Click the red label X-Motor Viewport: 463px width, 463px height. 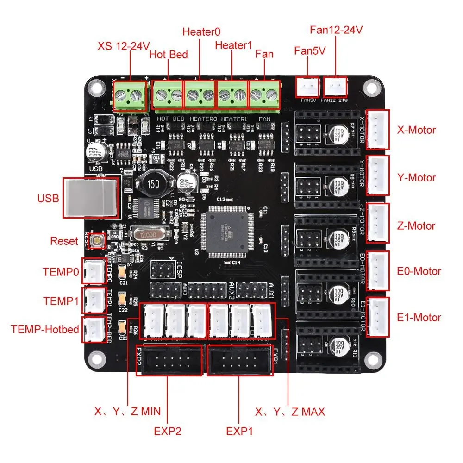click(x=416, y=130)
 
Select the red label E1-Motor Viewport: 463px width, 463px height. click(x=419, y=318)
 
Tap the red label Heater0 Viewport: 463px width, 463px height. click(x=201, y=32)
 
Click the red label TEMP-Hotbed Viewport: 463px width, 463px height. click(x=44, y=330)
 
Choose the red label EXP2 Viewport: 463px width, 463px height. click(x=167, y=431)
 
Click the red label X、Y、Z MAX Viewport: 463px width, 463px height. click(x=290, y=411)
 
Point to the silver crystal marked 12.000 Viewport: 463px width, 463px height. click(x=148, y=236)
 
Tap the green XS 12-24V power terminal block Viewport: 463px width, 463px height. click(x=130, y=97)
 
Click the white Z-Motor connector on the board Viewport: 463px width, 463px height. click(x=378, y=222)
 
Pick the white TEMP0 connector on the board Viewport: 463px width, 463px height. click(x=94, y=271)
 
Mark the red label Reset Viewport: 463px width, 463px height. click(x=64, y=241)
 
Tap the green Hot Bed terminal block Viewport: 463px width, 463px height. click(x=168, y=96)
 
